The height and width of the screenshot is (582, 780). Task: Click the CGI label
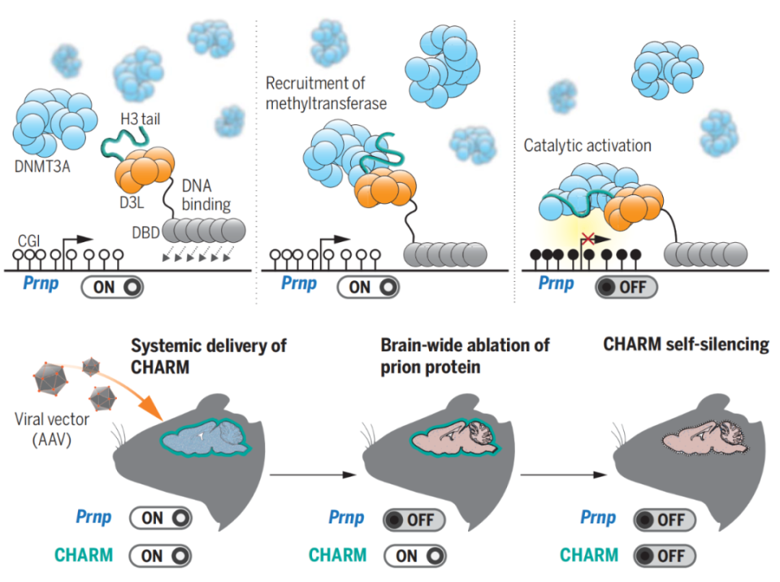coord(29,240)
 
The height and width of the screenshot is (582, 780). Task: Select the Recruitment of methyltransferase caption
coord(326,93)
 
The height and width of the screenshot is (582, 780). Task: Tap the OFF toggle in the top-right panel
coord(626,286)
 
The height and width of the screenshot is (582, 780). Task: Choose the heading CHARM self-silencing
coord(686,345)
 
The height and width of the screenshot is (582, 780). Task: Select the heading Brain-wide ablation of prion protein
coord(466,355)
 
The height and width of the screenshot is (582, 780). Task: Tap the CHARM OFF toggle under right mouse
coord(664,556)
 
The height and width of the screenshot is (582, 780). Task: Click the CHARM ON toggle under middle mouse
coord(414,556)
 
